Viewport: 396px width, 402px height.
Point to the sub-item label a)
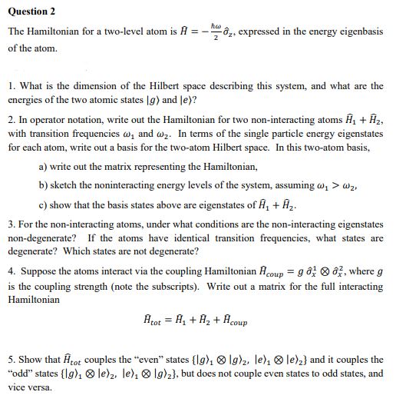pos(43,167)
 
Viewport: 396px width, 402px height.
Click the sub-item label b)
pos(43,185)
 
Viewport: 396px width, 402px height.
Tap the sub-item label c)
pos(43,204)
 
